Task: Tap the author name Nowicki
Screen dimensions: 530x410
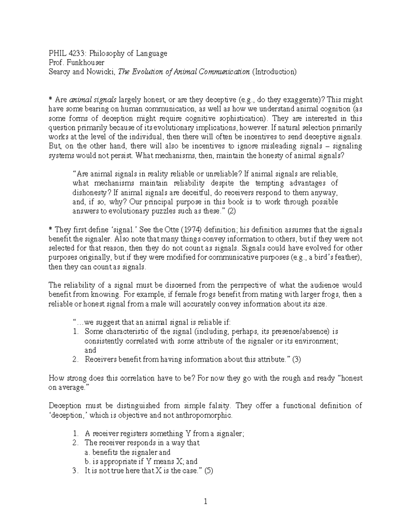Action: tap(102, 72)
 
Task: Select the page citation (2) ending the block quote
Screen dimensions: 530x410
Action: tap(231, 211)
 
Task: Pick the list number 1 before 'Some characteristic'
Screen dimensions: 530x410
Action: tap(76, 331)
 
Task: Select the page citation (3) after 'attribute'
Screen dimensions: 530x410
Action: tap(296, 359)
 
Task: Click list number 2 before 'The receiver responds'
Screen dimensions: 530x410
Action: tap(76, 443)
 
